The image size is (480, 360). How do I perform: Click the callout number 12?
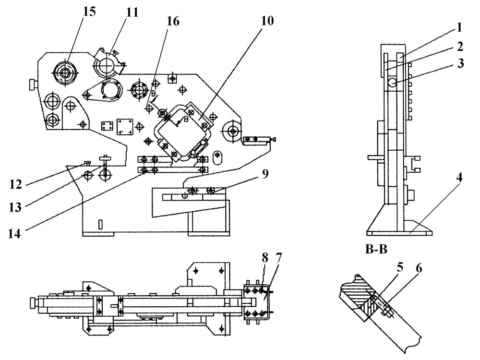(x=15, y=185)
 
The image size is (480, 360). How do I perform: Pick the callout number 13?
(x=15, y=207)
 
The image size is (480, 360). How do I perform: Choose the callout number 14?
(x=15, y=234)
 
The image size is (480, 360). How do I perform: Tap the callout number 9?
(x=265, y=174)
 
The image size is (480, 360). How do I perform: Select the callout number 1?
(x=458, y=27)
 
